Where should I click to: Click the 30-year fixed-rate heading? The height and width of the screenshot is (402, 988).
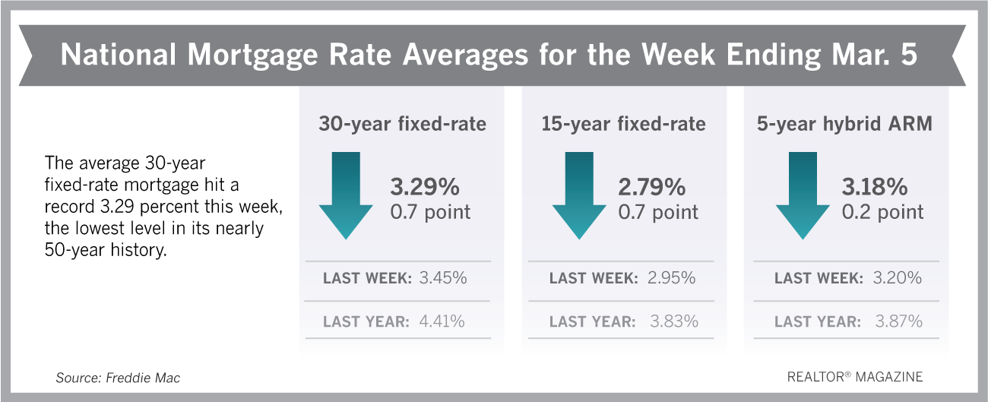tap(401, 124)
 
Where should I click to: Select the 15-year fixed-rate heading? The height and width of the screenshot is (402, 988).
tap(624, 124)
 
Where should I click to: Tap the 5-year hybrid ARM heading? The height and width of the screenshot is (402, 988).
tap(844, 124)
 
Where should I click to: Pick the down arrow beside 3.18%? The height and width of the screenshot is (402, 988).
tap(801, 196)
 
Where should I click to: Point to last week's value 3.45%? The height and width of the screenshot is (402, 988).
tap(443, 278)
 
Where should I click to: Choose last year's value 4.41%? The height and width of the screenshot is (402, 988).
tap(442, 321)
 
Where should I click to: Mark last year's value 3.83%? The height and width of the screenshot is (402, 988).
tap(673, 321)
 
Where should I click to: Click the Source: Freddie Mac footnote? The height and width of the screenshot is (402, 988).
tap(117, 378)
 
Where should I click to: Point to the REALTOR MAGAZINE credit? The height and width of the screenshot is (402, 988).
tap(856, 377)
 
